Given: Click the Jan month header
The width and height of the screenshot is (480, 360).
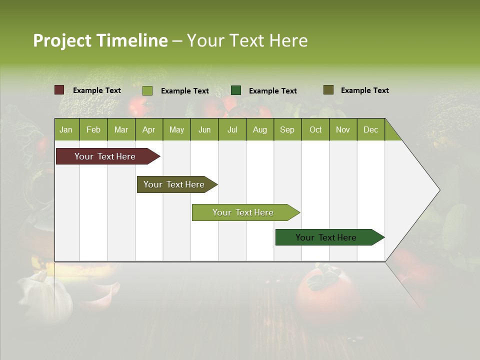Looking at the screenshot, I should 66,129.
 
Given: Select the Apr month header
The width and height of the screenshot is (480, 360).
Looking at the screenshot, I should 148,129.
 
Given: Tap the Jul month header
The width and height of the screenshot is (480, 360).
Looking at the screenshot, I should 232,129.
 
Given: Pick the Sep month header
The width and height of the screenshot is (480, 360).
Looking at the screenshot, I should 287,129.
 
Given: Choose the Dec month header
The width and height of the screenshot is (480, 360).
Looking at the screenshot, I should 370,129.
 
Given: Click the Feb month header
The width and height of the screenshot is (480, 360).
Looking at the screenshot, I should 93,129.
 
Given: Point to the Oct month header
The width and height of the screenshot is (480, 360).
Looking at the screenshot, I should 315,129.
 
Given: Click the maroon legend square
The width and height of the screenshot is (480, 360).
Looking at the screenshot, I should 59,90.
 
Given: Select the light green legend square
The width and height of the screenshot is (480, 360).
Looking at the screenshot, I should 147,90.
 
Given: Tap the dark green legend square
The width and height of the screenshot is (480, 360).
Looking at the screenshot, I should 236,90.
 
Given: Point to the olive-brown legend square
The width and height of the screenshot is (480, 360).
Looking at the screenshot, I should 328,90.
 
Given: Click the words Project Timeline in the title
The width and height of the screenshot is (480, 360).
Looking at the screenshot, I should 100,40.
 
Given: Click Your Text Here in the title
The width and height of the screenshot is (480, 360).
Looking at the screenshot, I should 247,40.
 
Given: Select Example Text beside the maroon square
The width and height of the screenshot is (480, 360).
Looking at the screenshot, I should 97,90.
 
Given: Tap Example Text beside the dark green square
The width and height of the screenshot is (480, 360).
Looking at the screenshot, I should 273,91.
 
